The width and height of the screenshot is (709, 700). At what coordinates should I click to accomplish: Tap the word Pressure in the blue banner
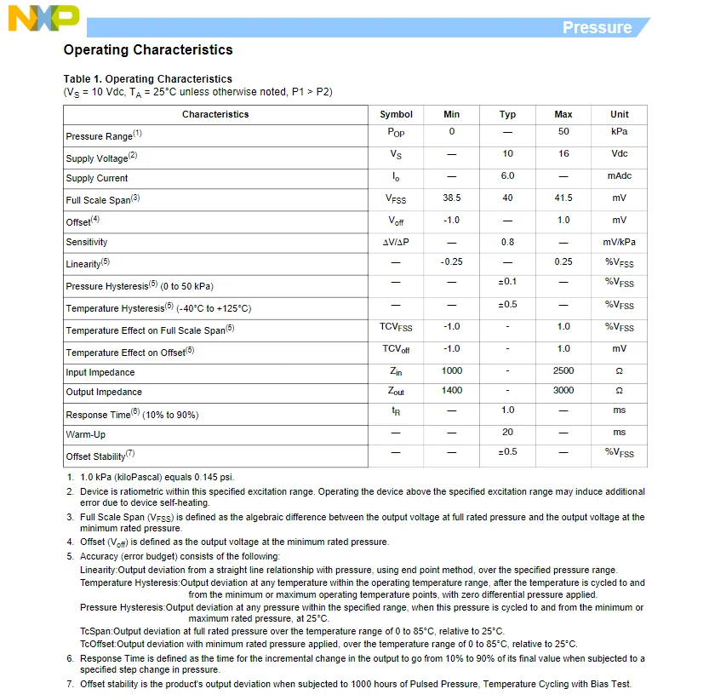[597, 27]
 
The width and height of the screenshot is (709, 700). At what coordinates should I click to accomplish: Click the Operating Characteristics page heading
[148, 50]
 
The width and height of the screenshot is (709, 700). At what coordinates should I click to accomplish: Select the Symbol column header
[396, 114]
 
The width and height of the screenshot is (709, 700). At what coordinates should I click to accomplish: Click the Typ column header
[507, 114]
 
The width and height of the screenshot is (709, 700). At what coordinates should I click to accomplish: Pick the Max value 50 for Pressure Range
[563, 132]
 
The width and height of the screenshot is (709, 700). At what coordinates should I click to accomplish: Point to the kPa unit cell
[619, 132]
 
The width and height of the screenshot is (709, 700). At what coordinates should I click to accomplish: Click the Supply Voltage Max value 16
[563, 154]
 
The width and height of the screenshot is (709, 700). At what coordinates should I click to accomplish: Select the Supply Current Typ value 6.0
[507, 176]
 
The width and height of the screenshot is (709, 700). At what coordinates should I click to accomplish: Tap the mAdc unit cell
[619, 176]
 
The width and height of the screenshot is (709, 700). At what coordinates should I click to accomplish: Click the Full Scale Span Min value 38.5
[452, 198]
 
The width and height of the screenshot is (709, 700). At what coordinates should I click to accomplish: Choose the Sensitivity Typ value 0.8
[507, 242]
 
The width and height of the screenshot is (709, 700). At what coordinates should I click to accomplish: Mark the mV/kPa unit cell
[619, 242]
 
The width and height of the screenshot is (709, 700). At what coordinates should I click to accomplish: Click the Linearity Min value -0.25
[452, 261]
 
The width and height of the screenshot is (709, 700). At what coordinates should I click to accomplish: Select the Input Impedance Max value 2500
[563, 371]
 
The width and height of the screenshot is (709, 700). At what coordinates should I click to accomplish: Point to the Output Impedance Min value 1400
[452, 391]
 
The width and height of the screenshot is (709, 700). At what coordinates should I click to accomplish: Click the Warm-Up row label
[86, 434]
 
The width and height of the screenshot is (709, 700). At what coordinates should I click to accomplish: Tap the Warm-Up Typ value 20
[507, 433]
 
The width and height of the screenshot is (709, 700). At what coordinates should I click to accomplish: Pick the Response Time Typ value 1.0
[507, 410]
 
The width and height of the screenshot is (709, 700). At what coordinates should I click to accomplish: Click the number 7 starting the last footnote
[71, 685]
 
